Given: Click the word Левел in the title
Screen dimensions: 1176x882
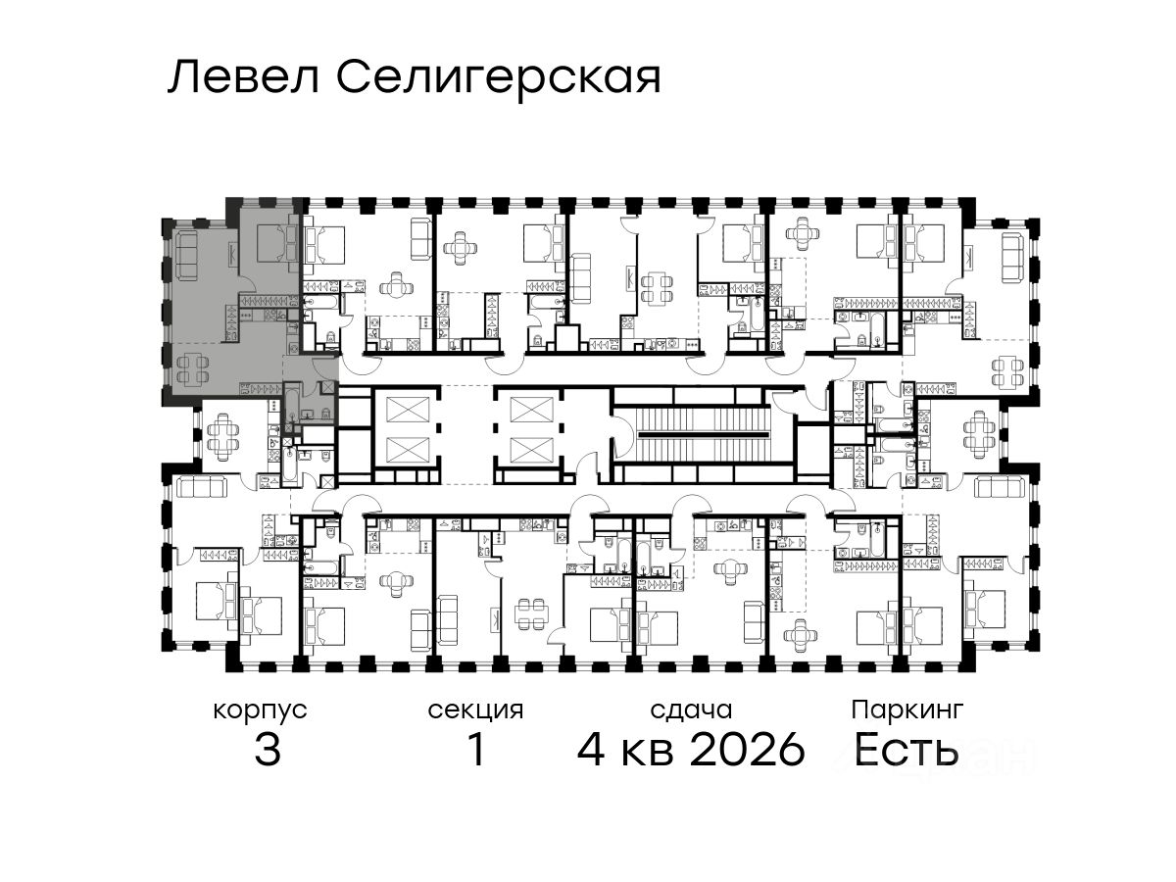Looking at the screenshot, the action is [x=244, y=77].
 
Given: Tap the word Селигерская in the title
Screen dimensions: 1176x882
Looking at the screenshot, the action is [x=499, y=80].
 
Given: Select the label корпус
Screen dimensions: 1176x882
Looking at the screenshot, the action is [x=261, y=711].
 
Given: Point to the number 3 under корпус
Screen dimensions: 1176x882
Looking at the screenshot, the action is [x=268, y=749].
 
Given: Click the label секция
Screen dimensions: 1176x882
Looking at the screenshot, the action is [x=475, y=711].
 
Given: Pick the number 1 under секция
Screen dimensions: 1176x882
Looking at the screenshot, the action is [x=476, y=749].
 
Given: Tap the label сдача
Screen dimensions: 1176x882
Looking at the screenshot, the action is [x=691, y=710].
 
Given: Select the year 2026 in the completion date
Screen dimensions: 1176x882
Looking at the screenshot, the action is [x=748, y=749].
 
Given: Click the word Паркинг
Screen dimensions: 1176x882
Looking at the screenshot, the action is [x=907, y=711].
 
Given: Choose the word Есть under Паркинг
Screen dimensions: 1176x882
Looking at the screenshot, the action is [x=906, y=749].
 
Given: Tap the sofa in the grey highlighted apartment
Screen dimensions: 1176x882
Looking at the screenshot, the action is [x=187, y=256].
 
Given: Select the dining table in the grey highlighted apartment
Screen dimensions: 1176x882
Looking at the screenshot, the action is [x=192, y=369].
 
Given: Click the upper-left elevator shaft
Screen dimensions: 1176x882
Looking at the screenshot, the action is [x=408, y=410].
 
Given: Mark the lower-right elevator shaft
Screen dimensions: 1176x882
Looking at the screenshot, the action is [x=531, y=450].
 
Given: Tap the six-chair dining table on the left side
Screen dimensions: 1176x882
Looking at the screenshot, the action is [x=220, y=436].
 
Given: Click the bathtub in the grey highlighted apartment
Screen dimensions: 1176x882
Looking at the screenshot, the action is [x=290, y=401].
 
